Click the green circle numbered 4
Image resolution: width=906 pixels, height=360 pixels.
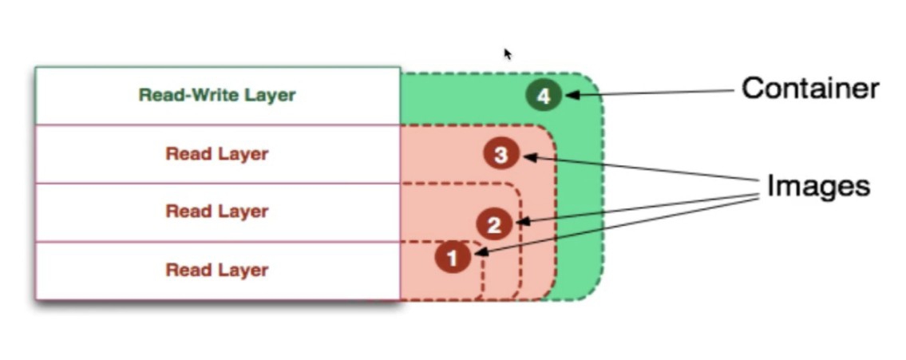[544, 97]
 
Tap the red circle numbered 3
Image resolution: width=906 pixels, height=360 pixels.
[500, 154]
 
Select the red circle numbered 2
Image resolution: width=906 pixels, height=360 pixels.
[494, 225]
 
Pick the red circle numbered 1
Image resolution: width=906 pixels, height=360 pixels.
[453, 258]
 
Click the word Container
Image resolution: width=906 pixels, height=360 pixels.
[810, 89]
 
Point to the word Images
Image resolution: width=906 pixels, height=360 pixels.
[817, 186]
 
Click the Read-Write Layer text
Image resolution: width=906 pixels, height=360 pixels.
[217, 95]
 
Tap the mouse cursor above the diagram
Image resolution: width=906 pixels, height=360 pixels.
[507, 53]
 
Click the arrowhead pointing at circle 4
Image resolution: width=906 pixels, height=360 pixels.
[571, 96]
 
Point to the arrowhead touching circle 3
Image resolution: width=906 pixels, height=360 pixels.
[528, 157]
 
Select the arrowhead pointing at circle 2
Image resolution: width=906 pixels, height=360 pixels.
[522, 221]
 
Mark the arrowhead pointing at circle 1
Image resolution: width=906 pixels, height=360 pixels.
[481, 254]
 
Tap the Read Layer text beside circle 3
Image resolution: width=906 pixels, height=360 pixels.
[217, 154]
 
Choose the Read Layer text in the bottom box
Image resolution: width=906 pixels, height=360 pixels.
[217, 270]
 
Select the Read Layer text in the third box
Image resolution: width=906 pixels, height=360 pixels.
[217, 212]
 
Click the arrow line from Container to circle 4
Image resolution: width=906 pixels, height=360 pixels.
[655, 93]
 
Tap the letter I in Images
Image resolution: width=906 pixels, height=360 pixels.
[771, 186]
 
